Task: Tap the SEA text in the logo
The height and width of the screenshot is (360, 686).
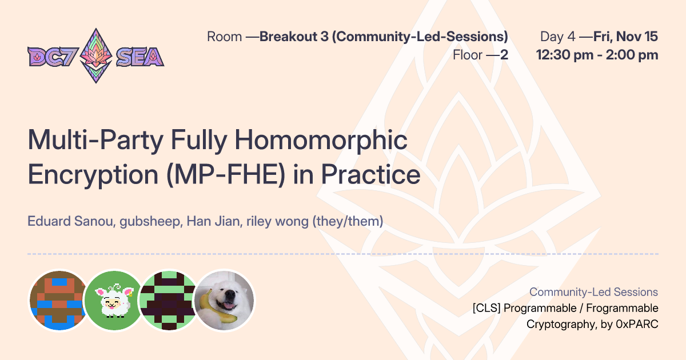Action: tap(140, 57)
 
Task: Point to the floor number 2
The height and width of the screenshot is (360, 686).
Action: tap(504, 55)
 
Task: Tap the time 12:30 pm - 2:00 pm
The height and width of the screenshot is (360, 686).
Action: tap(597, 55)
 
